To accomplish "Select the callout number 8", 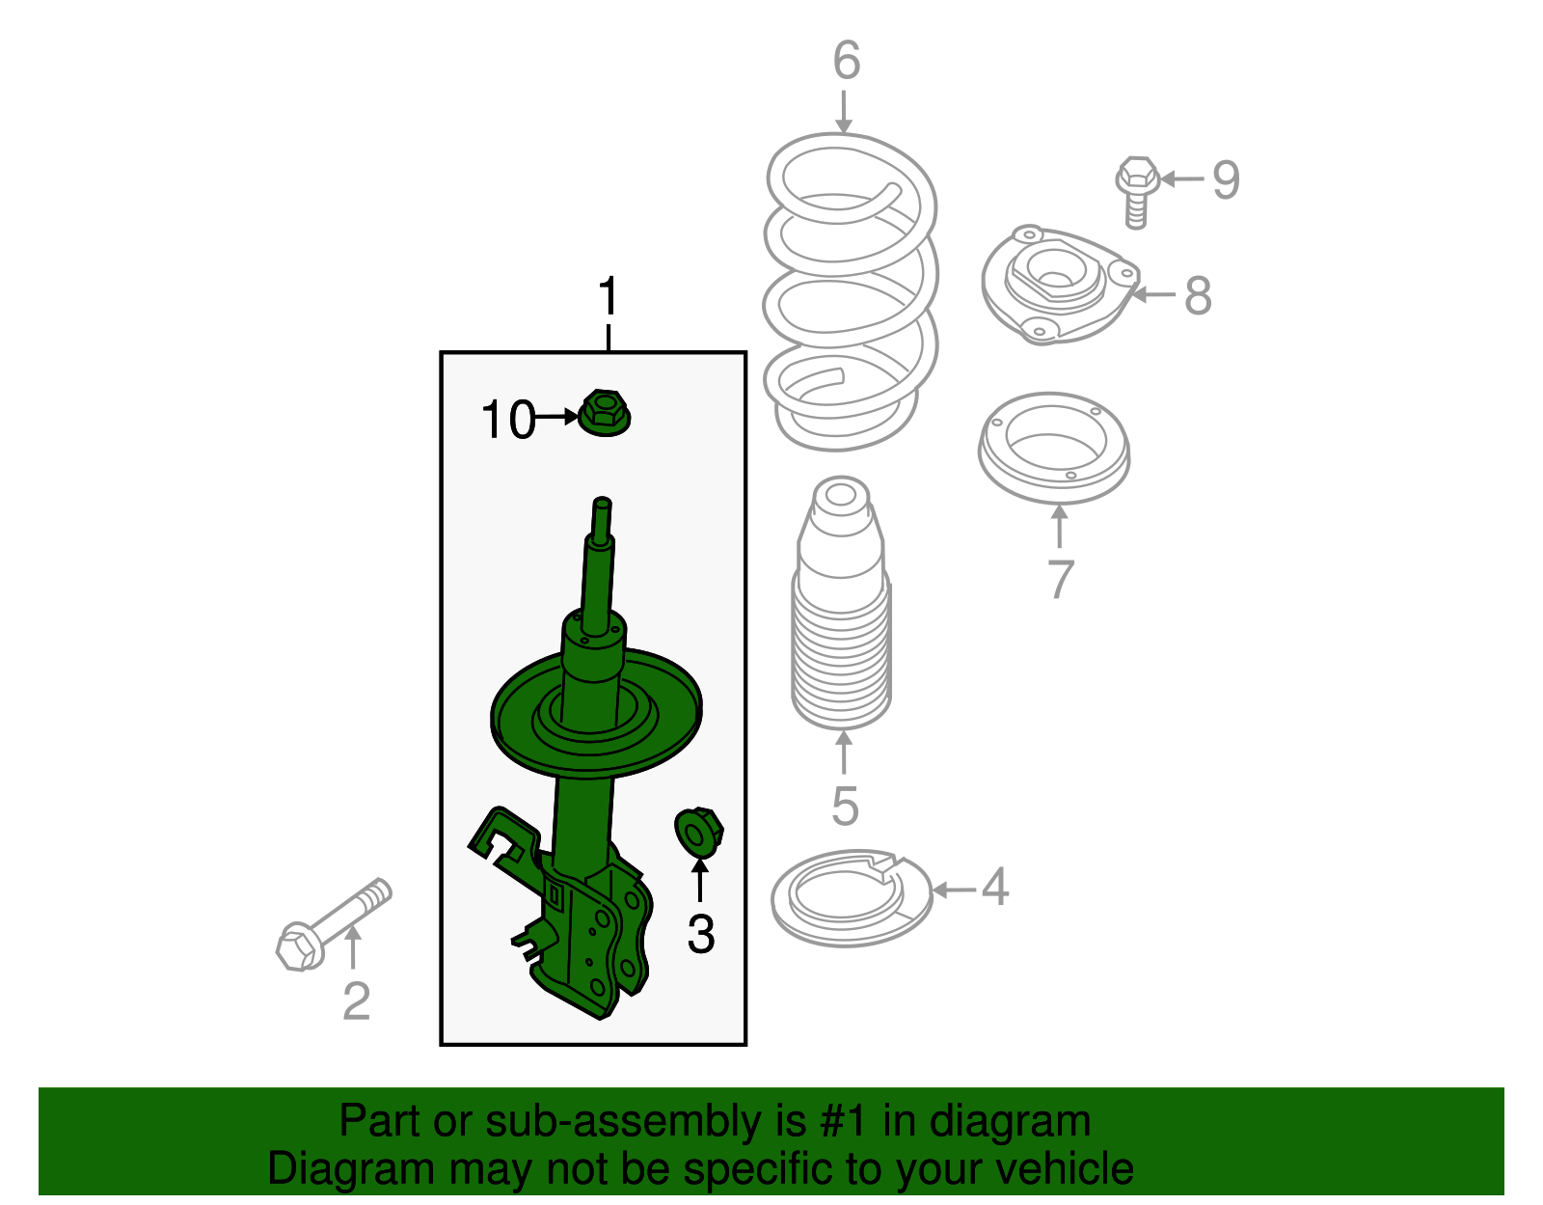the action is (x=1198, y=294).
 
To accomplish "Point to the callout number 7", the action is (x=1061, y=579).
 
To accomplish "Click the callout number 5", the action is (x=845, y=806).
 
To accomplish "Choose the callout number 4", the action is (x=995, y=887).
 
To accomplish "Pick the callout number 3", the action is (x=701, y=934).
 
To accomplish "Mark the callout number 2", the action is (x=357, y=1001).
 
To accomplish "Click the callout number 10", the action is (x=507, y=419).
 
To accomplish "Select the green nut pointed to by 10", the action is (x=605, y=413).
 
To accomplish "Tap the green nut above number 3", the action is (x=699, y=833).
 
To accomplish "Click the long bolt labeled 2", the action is (x=333, y=924).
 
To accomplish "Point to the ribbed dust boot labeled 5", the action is (x=842, y=603).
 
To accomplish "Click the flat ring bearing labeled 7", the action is (x=1054, y=448).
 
